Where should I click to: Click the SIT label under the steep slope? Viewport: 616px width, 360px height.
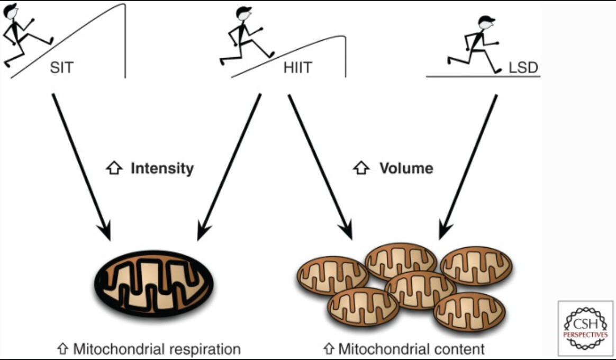click(62, 68)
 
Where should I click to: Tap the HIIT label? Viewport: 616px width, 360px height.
click(298, 68)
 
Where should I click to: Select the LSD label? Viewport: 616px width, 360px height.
click(523, 68)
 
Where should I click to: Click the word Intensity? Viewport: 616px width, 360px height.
click(162, 168)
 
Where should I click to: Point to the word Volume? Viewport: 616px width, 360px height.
click(406, 168)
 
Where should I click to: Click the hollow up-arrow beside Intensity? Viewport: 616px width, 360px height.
click(114, 168)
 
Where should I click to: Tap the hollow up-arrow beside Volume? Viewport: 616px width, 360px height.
click(361, 168)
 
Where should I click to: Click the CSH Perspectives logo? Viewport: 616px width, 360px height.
click(585, 328)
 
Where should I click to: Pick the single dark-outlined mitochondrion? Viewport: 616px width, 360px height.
click(153, 283)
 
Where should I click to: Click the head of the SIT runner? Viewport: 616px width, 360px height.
click(11, 11)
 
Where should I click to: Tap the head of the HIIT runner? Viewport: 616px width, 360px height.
click(244, 14)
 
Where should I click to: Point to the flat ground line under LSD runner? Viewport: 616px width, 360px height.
click(483, 76)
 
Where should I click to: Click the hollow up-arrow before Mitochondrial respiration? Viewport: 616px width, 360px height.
click(62, 348)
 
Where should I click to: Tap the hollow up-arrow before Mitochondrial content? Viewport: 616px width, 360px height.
click(329, 348)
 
